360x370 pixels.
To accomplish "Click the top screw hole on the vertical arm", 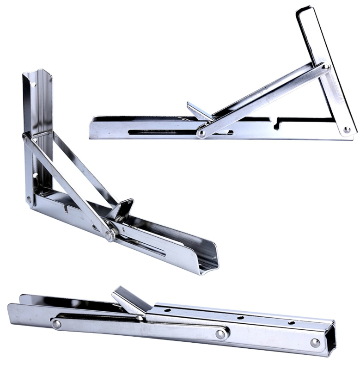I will (x=34, y=85).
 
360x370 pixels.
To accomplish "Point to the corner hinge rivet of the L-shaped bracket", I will (x=29, y=200).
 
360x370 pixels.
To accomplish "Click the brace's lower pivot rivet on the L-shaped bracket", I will (x=109, y=235).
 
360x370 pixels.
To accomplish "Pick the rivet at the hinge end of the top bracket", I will (x=347, y=130).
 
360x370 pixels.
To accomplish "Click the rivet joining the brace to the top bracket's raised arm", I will (x=325, y=67).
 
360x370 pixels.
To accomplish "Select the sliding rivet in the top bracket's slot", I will (x=201, y=133).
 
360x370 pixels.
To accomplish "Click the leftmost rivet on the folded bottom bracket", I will (x=56, y=324).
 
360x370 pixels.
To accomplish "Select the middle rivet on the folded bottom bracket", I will (x=221, y=333).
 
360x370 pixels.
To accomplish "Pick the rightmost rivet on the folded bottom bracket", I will (x=315, y=343).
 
